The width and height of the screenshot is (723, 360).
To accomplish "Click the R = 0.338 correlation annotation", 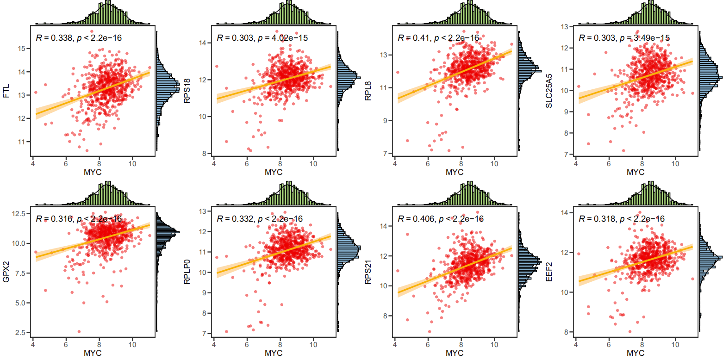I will pos(54,38).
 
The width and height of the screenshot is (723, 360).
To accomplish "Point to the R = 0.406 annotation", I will pos(415,218).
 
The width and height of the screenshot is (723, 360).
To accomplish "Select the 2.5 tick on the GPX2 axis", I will pos(19,333).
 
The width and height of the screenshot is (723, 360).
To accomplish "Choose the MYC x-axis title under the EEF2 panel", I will pos(635,353).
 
